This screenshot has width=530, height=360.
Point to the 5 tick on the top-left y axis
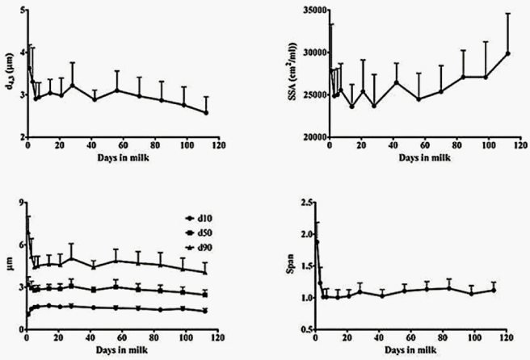point(17,10)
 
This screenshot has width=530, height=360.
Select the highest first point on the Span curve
point(316,241)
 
